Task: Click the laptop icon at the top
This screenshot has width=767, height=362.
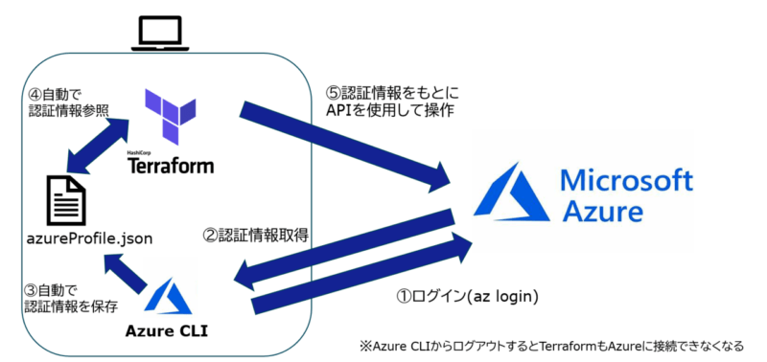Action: (x=161, y=34)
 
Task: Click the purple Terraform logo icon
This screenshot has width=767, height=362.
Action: (x=170, y=116)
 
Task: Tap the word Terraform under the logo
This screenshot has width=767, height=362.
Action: (x=172, y=164)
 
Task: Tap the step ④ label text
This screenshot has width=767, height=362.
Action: (x=62, y=104)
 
